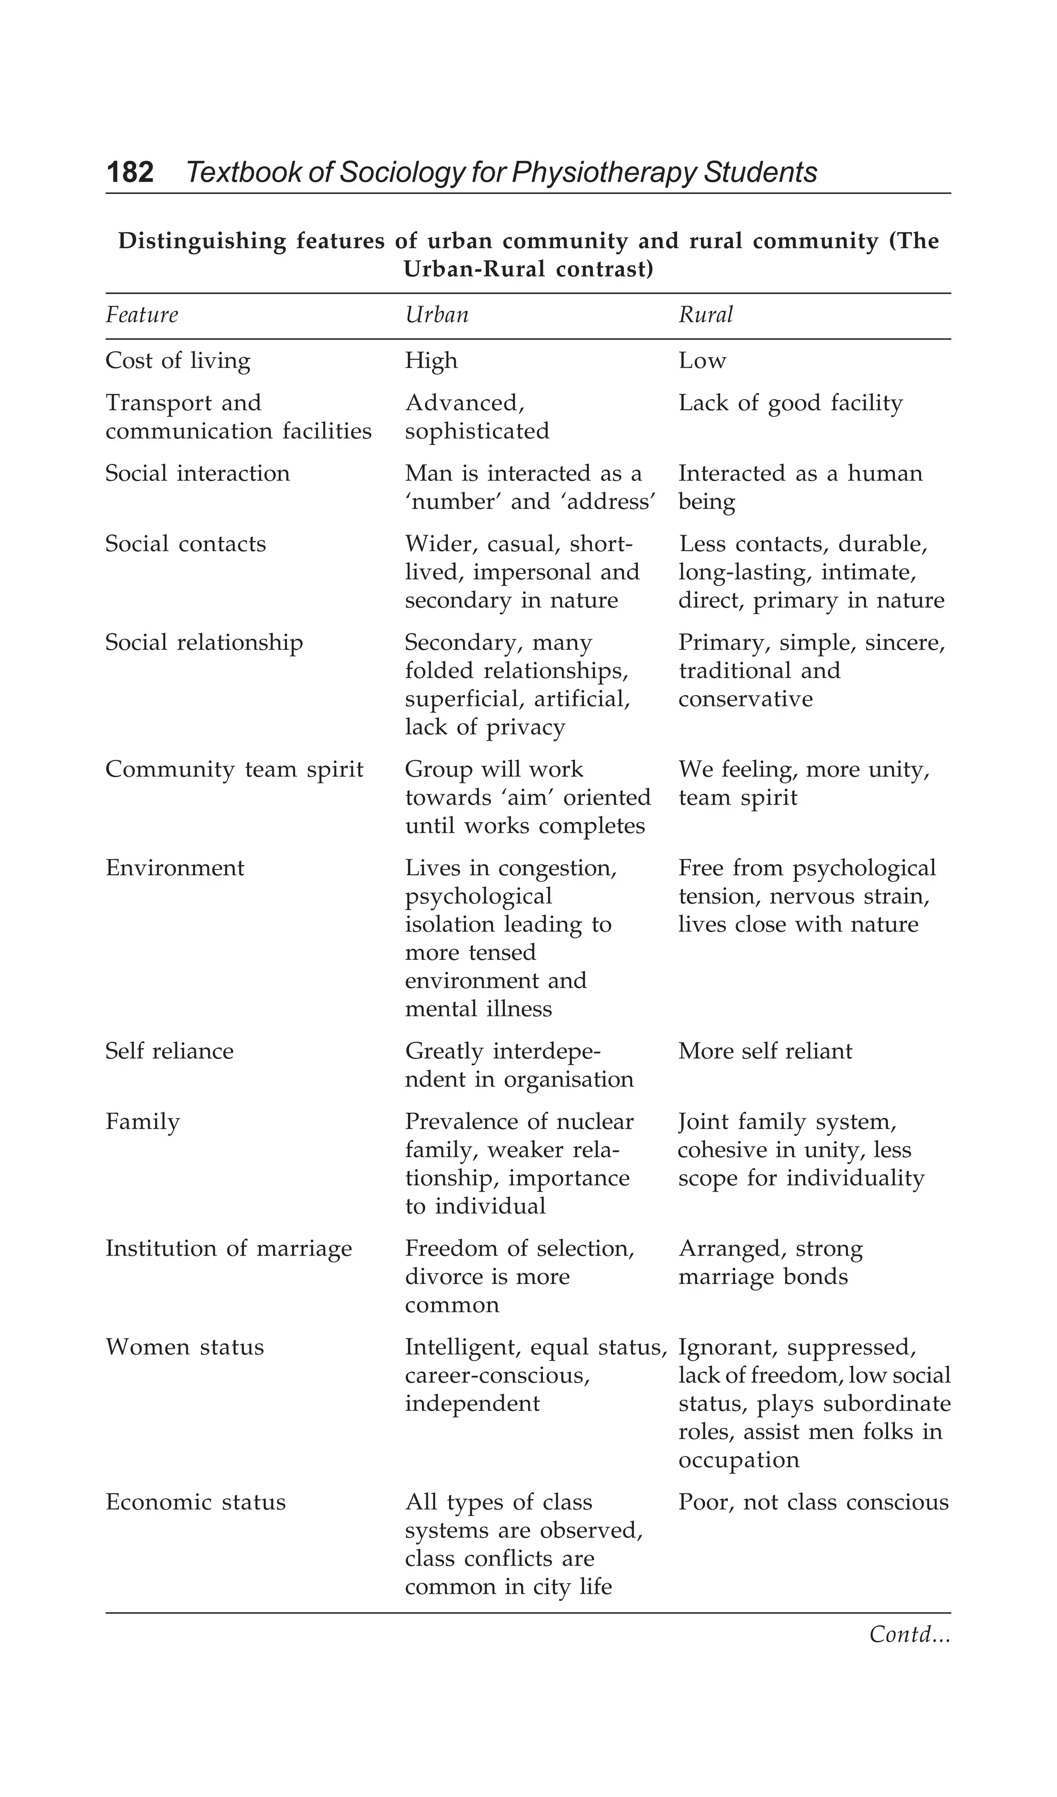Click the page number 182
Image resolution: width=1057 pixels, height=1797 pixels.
(x=130, y=172)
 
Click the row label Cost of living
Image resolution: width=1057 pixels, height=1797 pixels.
(x=178, y=361)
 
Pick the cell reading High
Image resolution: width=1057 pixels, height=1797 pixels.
(x=431, y=361)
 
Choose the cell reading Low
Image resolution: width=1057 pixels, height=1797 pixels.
(x=702, y=361)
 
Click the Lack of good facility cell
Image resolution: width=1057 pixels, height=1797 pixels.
(x=790, y=404)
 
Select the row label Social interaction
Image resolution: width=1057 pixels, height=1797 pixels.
(x=198, y=473)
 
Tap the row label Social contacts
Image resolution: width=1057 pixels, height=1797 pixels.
(x=185, y=544)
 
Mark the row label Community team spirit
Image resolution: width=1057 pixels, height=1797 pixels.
(x=234, y=769)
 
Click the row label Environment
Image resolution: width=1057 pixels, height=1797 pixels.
(x=175, y=868)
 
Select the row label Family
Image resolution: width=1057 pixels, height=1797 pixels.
(x=142, y=1121)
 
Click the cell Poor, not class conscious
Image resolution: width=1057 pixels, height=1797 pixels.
(x=813, y=1502)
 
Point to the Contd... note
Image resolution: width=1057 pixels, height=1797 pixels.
(x=909, y=1634)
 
